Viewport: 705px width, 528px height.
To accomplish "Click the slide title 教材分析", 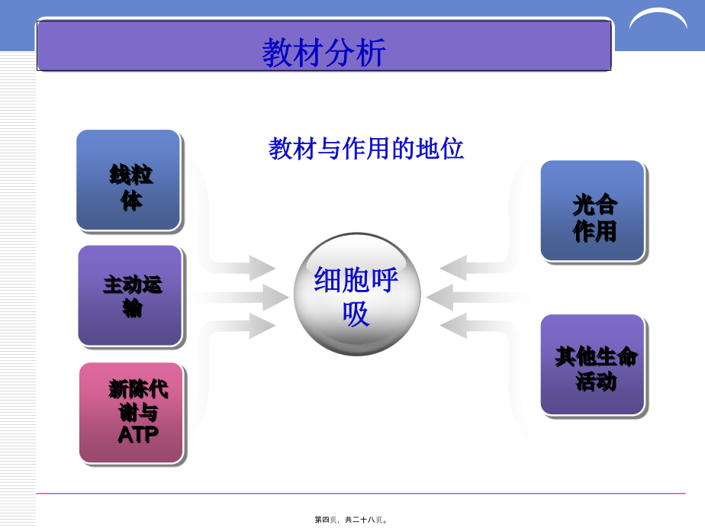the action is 324,53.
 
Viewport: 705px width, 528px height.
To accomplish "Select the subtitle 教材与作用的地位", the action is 366,149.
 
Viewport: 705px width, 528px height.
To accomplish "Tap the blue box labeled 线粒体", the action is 129,180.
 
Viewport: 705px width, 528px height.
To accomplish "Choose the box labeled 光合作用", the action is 593,211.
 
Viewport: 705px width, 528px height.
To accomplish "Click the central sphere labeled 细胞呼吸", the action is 357,294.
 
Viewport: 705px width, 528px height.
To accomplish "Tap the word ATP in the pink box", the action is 138,435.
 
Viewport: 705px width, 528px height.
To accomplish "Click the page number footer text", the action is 351,520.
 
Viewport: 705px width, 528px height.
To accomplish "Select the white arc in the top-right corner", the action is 658,17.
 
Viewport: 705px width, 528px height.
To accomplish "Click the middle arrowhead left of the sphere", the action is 275,297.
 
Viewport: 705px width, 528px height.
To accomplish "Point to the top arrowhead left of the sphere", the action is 262,268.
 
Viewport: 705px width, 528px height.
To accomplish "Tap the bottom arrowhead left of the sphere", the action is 262,326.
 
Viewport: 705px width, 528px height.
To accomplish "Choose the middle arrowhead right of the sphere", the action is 439,297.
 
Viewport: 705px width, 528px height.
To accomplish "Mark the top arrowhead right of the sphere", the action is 453,268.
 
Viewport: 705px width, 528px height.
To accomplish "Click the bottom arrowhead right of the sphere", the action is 453,326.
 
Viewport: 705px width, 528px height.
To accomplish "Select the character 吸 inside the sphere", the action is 356,314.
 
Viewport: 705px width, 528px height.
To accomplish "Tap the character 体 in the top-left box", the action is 131,201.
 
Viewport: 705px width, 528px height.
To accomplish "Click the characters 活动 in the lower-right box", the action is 596,382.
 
